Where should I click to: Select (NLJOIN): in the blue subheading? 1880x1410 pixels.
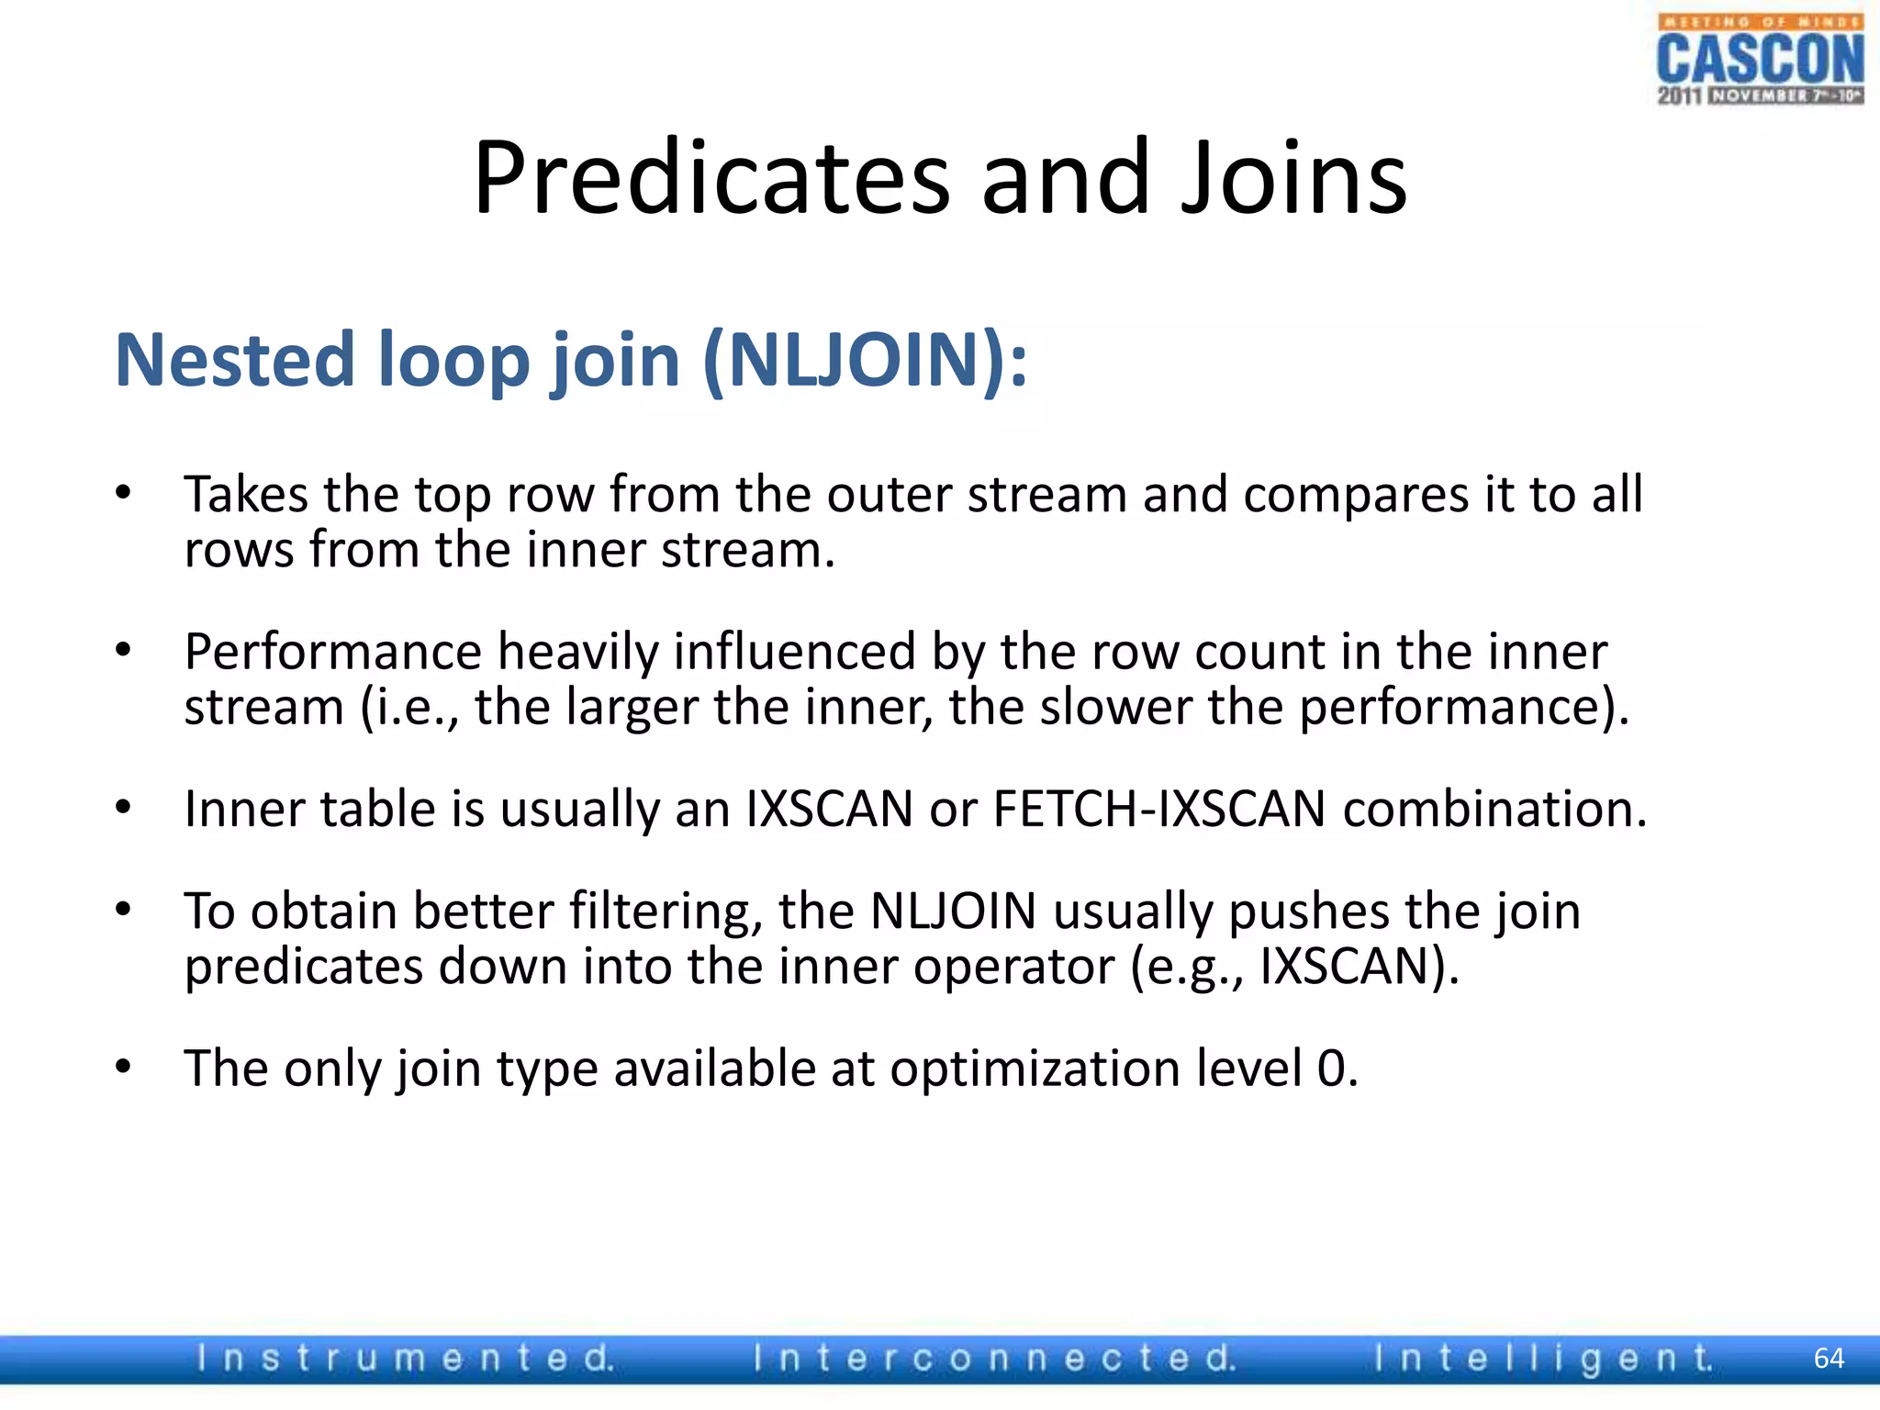point(865,360)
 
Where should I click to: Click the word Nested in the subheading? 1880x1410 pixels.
point(235,360)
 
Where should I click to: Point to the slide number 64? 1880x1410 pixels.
point(1829,1359)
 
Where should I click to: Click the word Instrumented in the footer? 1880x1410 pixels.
point(404,1359)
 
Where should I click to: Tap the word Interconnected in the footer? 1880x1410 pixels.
point(995,1359)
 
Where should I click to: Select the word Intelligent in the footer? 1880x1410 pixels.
point(1542,1359)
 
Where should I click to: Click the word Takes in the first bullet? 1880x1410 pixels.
point(246,495)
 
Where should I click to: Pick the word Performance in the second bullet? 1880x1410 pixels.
point(332,652)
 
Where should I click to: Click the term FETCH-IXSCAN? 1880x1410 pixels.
point(1159,810)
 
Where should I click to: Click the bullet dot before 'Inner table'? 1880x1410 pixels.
point(124,808)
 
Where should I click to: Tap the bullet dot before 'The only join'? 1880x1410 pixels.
point(124,1067)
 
